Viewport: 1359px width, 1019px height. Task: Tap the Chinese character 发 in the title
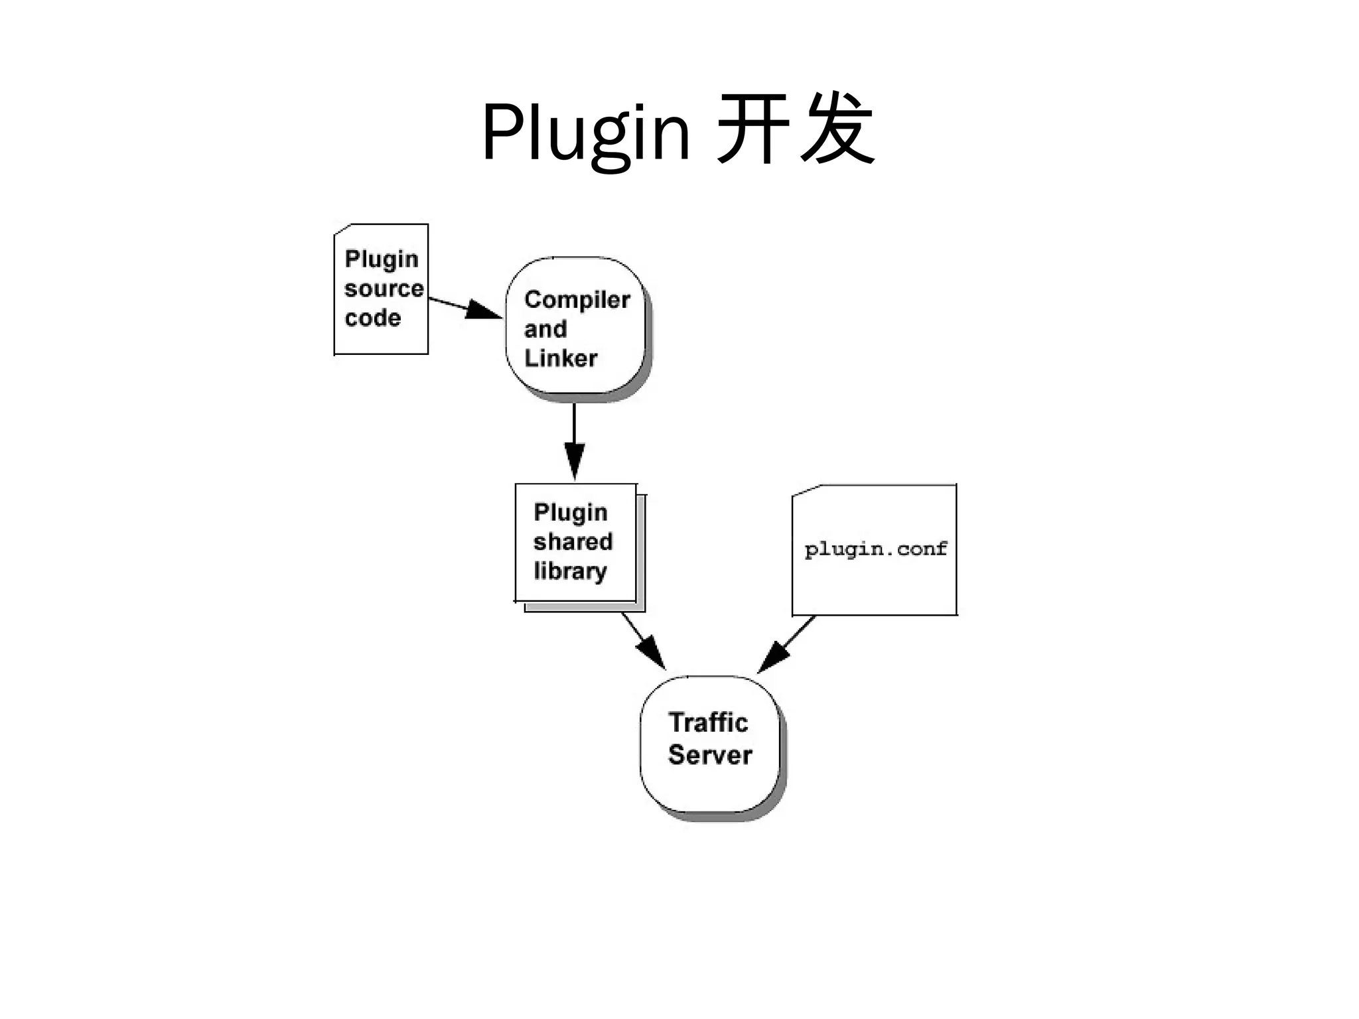coord(837,129)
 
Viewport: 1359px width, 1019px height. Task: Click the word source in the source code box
coord(384,289)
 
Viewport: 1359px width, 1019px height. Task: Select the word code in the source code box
coord(373,318)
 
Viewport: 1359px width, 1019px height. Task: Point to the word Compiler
coord(577,300)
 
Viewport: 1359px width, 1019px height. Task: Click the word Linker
coord(561,358)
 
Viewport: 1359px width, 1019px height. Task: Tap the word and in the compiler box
coord(545,329)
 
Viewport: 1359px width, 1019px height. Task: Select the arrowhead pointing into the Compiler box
coord(483,310)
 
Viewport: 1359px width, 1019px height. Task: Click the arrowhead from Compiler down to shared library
coord(575,459)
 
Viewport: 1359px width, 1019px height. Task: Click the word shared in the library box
coord(573,541)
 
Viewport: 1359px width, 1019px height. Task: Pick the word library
coord(570,571)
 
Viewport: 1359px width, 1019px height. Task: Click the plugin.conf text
coord(875,549)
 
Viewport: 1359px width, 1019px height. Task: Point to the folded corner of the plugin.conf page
coord(805,492)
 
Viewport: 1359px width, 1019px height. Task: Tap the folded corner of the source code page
coord(342,230)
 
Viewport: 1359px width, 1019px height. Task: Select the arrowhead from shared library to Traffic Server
coord(653,653)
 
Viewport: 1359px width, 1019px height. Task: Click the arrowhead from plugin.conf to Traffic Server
coord(772,657)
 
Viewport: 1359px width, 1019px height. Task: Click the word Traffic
coord(708,722)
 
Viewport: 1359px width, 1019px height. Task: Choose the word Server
coord(710,755)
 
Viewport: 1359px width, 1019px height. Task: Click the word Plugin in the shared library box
coord(571,512)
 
